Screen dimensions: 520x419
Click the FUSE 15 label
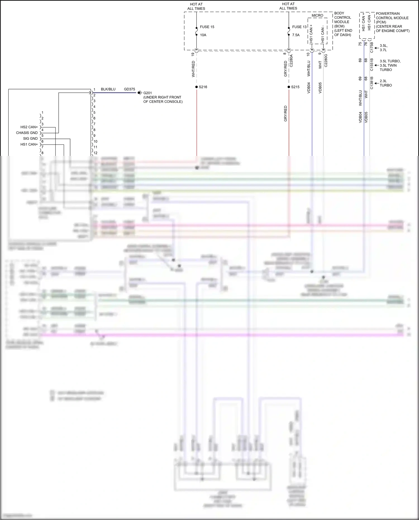(207, 27)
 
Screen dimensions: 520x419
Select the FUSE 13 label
(299, 27)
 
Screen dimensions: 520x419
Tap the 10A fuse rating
(203, 35)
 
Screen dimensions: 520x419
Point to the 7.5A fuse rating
(296, 35)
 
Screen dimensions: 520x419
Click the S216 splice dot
(197, 87)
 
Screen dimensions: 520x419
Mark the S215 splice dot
(289, 87)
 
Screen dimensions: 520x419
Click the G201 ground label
(147, 93)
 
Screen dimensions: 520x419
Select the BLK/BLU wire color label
(108, 89)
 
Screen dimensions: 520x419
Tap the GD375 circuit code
(129, 89)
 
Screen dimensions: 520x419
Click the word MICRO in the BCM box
(317, 15)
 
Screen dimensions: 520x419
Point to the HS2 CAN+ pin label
(29, 127)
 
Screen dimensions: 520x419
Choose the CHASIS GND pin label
(27, 133)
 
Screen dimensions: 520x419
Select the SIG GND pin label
(30, 138)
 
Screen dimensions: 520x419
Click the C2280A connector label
(291, 61)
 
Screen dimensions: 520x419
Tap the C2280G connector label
(326, 61)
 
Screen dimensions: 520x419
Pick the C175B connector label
(372, 48)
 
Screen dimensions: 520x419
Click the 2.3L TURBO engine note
(386, 83)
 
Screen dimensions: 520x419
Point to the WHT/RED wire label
(193, 69)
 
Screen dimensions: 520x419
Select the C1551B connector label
(372, 65)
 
